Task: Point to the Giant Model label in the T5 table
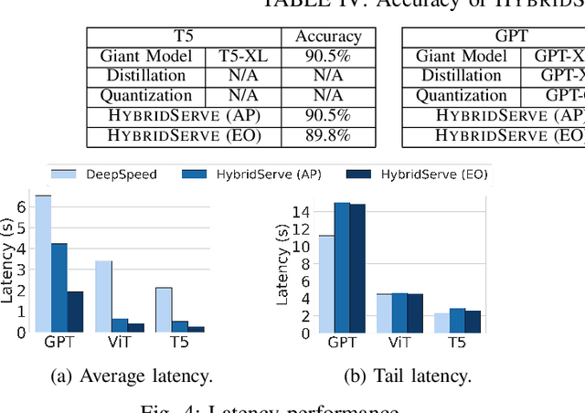coord(146,56)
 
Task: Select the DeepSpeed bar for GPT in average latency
coord(42,263)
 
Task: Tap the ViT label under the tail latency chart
coord(398,344)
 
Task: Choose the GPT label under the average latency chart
coord(58,344)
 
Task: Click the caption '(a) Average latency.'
coord(134,375)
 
